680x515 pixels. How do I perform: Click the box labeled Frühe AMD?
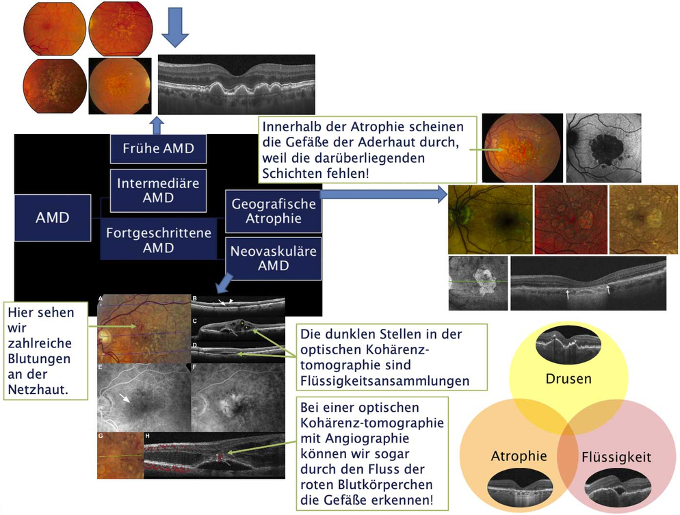pos(158,148)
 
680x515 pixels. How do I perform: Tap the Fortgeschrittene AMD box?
pos(159,240)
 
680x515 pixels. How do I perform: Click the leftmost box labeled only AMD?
pos(53,218)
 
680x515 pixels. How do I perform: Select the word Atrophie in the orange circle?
pos(519,455)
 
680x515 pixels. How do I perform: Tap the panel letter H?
pos(147,435)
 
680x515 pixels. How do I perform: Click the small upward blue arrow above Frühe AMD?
pos(157,124)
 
